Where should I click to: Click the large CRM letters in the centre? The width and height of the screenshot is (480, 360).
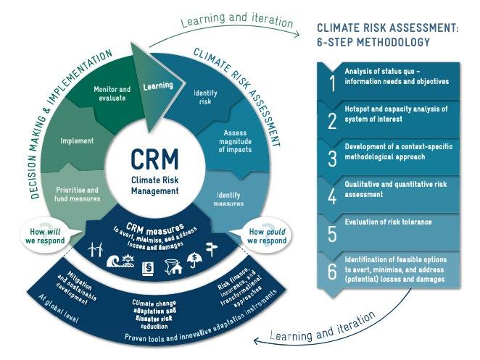[153, 159]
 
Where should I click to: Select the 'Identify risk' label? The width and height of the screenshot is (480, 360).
[205, 97]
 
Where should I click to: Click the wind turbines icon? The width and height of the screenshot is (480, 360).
[96, 248]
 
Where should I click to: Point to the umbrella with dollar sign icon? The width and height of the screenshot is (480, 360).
[194, 259]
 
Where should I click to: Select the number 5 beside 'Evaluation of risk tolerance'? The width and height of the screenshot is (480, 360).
[332, 232]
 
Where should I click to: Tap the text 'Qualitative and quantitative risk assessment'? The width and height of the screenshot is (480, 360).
[395, 190]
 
